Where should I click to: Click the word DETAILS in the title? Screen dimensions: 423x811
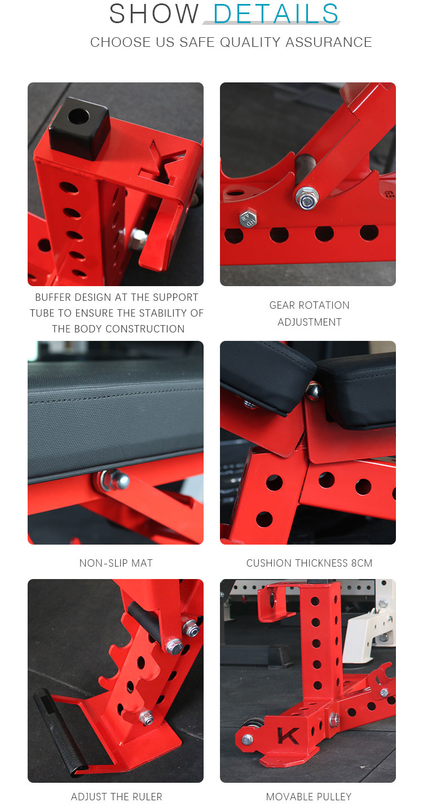(275, 14)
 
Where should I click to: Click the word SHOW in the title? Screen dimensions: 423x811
(154, 14)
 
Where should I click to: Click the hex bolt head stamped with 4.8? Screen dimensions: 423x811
(248, 218)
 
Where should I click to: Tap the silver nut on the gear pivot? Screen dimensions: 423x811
(307, 199)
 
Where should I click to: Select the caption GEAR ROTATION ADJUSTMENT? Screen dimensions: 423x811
(310, 314)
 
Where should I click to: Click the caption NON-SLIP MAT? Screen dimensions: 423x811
(116, 563)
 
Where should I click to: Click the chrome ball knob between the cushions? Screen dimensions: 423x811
(314, 390)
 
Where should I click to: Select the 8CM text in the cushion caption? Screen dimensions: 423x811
(362, 563)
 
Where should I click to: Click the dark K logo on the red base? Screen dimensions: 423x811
(288, 736)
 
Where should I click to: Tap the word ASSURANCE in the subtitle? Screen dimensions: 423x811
(329, 42)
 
